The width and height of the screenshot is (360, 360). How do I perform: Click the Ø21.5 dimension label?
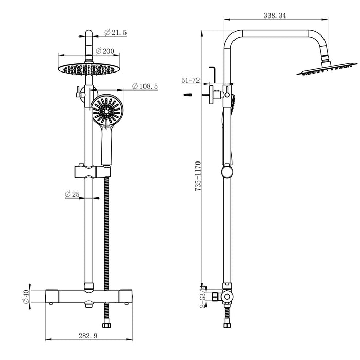click(x=115, y=33)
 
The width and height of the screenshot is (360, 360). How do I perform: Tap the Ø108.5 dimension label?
click(x=145, y=86)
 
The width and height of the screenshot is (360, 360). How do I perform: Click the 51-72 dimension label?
click(x=190, y=80)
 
